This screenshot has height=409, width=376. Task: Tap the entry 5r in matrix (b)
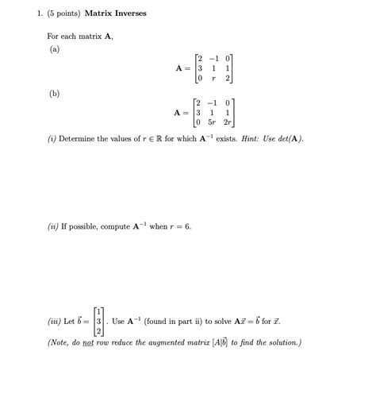[x=211, y=124]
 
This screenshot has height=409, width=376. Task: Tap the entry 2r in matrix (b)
[x=227, y=124]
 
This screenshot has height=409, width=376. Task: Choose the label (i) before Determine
[x=52, y=139]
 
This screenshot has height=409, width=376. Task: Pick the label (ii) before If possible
[x=53, y=226]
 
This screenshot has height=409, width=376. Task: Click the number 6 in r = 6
[x=187, y=226]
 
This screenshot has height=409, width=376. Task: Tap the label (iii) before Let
[x=54, y=322]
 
